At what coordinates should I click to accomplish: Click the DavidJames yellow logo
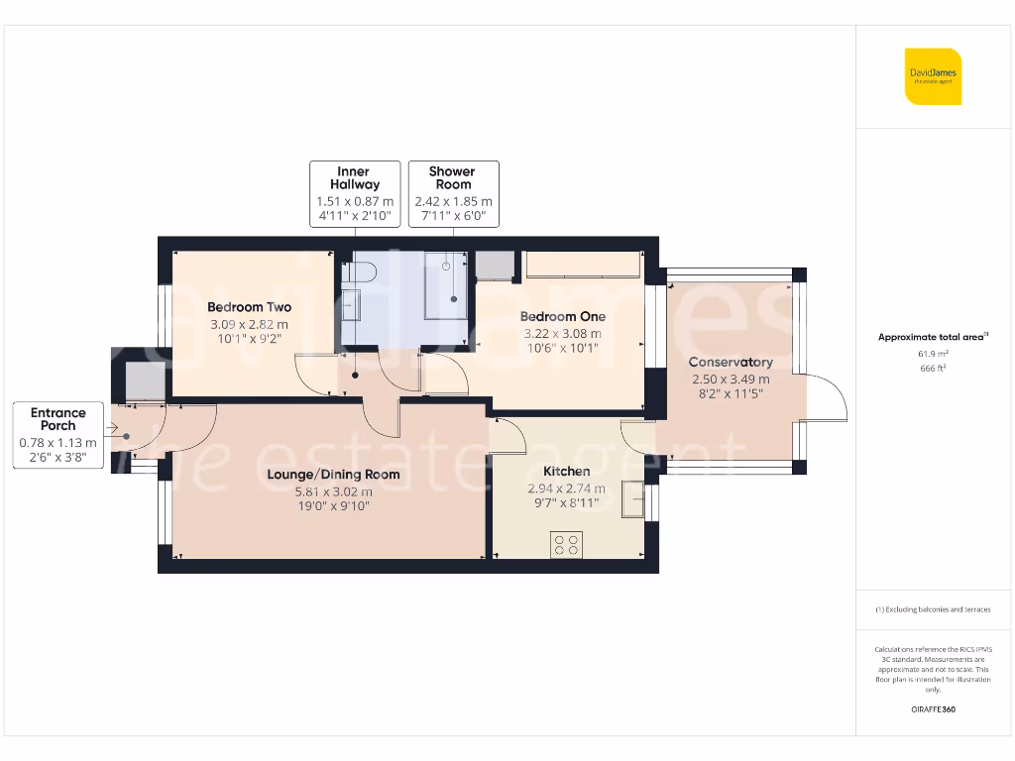click(x=933, y=76)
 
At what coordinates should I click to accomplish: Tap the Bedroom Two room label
click(x=249, y=307)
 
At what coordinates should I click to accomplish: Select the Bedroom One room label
click(x=563, y=316)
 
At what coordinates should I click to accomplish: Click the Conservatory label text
click(x=731, y=363)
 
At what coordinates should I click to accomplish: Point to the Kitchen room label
click(x=566, y=471)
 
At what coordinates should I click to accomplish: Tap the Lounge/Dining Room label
click(x=333, y=475)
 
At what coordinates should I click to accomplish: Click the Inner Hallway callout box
click(x=355, y=194)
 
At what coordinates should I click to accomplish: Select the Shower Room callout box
click(x=454, y=194)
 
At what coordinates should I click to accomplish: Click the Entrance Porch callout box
click(x=58, y=435)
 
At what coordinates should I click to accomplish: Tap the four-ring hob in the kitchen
click(x=566, y=545)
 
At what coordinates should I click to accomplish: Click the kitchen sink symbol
click(x=633, y=499)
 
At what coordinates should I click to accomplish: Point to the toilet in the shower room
click(x=358, y=272)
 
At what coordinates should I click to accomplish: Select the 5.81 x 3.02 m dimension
click(x=333, y=491)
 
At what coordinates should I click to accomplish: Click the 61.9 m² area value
click(x=933, y=354)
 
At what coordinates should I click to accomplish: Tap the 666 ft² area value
click(x=933, y=369)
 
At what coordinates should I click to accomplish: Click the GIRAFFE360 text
click(x=933, y=709)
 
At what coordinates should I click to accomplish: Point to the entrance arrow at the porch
click(x=111, y=428)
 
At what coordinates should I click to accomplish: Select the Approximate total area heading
click(x=933, y=337)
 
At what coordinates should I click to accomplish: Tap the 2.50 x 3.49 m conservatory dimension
click(x=731, y=380)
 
